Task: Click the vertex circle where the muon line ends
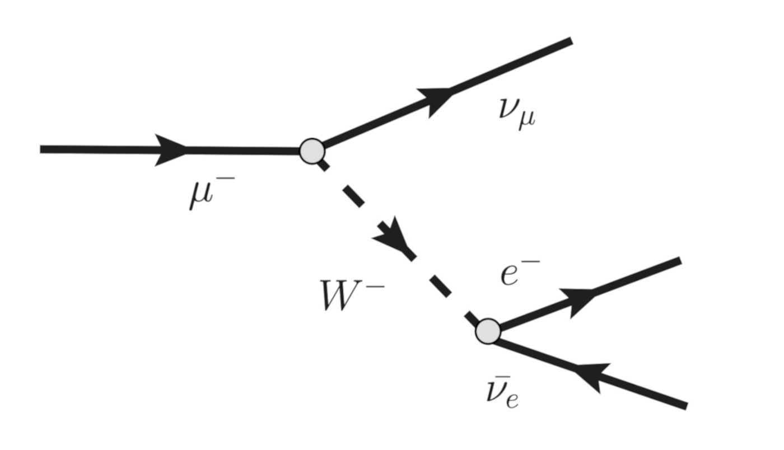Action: [x=312, y=151]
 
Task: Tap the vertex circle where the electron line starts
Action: [x=488, y=331]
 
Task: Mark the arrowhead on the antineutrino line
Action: [x=591, y=374]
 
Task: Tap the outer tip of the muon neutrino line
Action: [x=570, y=40]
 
